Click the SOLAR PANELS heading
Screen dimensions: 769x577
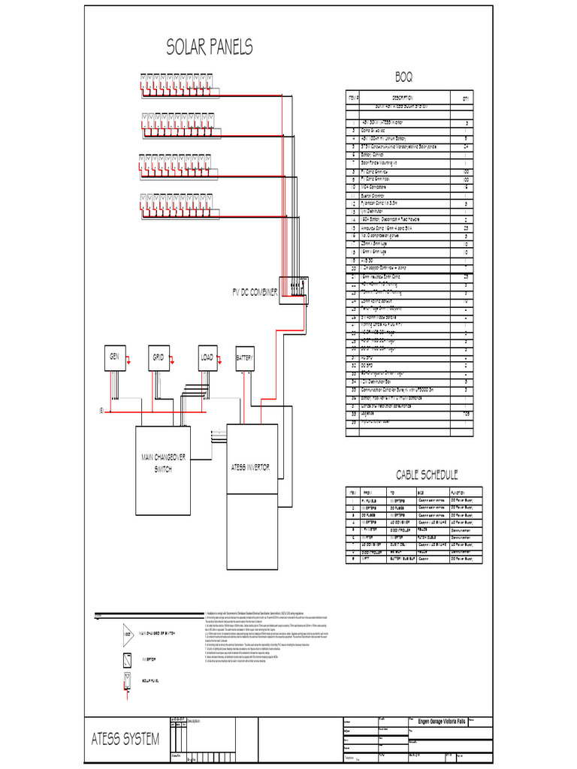click(209, 47)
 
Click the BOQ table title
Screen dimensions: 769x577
click(403, 77)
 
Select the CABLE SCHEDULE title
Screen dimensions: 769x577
click(427, 475)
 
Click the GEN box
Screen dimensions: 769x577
click(116, 357)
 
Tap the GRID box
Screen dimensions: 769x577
click(159, 357)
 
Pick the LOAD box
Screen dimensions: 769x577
click(207, 357)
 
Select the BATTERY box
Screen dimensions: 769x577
click(245, 357)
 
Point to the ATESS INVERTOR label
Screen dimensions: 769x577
click(251, 467)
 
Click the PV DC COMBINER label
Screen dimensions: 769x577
click(255, 291)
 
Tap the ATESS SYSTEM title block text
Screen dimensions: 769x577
click(125, 740)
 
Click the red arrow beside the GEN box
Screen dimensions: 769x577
click(128, 362)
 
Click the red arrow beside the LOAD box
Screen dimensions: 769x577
click(219, 362)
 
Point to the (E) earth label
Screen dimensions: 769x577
click(100, 412)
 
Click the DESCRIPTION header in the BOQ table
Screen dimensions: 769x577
click(401, 98)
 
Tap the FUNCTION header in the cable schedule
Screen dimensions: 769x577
click(461, 492)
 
